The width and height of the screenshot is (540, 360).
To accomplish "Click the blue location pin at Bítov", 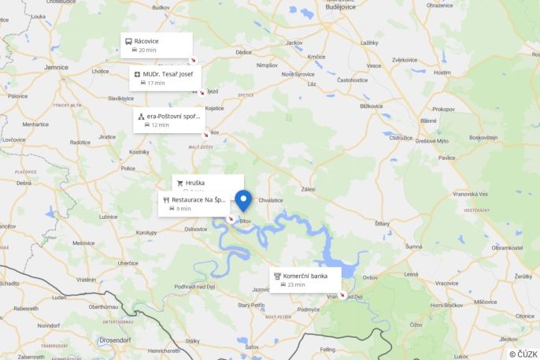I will pos(243,200).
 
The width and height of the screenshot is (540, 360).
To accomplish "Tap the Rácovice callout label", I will pos(157,45).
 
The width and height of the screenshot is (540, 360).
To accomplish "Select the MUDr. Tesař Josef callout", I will pos(165,78).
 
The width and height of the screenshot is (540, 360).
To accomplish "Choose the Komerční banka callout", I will pos(305,280).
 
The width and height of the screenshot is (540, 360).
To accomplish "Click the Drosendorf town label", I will pos(117,340).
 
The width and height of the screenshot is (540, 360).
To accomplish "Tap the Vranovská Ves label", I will pos(471,194).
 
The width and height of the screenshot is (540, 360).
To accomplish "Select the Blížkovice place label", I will pos(371,106).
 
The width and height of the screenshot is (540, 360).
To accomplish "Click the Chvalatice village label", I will pos(270,200).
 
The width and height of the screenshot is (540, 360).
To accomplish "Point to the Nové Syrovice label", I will pos(298,74).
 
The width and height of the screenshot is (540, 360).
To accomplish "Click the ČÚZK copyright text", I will pos(523,354).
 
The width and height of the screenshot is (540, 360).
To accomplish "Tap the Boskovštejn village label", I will pos(483,137).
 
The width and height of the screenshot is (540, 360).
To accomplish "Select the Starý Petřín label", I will pos(252,304).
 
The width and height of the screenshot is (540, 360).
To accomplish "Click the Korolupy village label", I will pos(146,232).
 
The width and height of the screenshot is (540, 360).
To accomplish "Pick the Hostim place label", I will pos(442,72).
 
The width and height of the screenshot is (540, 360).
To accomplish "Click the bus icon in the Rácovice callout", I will pos(128,41).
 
